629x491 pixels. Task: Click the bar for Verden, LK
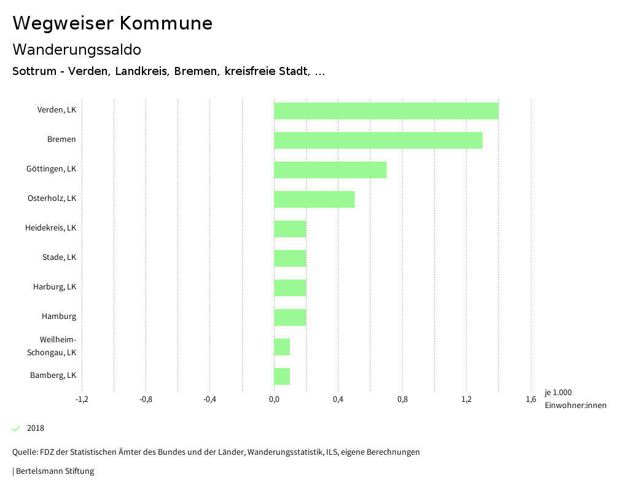[386, 111]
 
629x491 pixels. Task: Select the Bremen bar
[378, 140]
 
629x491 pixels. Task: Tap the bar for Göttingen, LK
[330, 170]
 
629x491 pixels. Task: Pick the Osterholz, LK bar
[314, 199]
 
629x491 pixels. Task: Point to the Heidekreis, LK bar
[290, 229]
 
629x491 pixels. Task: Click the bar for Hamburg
[290, 317]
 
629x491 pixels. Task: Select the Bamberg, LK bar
[282, 376]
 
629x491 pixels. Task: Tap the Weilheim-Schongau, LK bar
[282, 347]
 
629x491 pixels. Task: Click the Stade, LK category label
[59, 257]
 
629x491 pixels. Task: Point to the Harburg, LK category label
[55, 286]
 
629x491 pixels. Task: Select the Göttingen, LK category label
[51, 168]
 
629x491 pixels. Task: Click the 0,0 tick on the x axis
[274, 399]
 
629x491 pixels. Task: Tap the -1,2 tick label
[82, 399]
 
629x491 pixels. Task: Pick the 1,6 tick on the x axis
[531, 399]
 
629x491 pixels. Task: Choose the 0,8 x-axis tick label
[402, 399]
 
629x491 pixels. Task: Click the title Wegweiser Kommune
[112, 23]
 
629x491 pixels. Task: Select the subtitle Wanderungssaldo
[77, 49]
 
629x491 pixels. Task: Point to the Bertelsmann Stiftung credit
[54, 471]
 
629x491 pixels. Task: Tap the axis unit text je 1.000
[558, 393]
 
